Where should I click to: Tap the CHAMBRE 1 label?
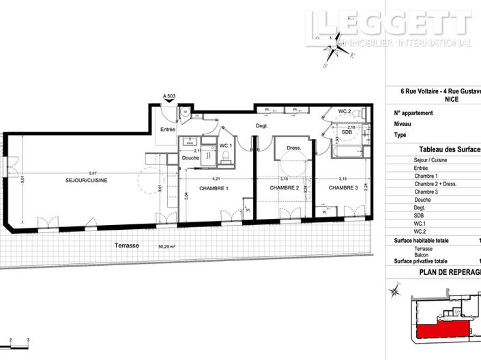[x=214, y=188]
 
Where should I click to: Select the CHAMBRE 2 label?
[x=284, y=188]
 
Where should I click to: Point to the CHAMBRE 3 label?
[x=343, y=188]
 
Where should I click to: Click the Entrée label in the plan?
[x=168, y=130]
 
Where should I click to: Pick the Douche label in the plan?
[x=191, y=158]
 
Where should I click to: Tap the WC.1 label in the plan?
[x=226, y=147]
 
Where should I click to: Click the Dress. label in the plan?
[x=294, y=147]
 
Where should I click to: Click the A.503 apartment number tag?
[x=170, y=97]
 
